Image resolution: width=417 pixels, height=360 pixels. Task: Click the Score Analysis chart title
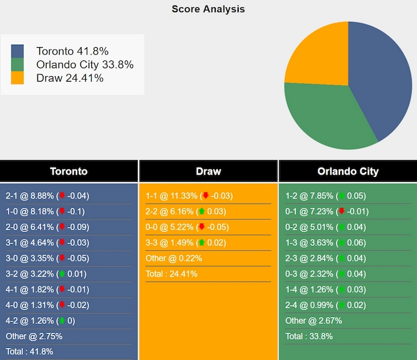pos(208,9)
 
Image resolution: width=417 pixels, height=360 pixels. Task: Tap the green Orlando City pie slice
pos(326,118)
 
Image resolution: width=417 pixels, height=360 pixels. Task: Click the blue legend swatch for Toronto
pos(18,51)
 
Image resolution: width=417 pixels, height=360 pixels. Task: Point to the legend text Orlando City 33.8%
pos(85,65)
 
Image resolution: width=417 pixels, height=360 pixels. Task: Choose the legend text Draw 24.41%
pos(69,78)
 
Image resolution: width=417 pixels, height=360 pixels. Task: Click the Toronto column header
pos(69,171)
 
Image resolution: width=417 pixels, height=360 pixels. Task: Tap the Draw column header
pos(208,171)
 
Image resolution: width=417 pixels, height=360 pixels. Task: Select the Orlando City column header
pos(347,171)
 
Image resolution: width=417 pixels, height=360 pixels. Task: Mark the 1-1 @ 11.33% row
pos(189,196)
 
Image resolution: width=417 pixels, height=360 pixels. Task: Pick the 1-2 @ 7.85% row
pos(325,196)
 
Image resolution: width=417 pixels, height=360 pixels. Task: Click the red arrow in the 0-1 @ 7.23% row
pos(341,211)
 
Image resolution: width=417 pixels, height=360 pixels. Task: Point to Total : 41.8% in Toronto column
pos(30,352)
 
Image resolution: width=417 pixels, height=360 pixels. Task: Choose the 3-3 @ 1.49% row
pos(186,243)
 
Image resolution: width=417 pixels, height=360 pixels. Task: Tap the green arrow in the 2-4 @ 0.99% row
pos(341,305)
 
